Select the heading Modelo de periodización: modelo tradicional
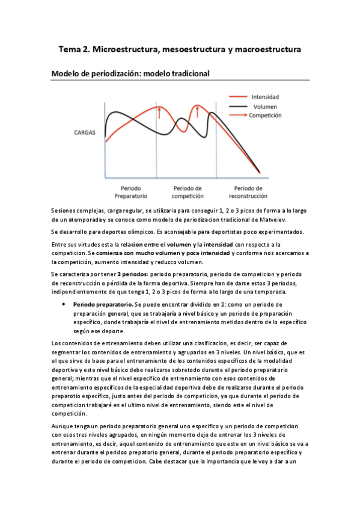point(130,74)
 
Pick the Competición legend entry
point(264,115)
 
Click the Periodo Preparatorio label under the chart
point(130,192)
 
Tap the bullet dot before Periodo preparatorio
point(64,305)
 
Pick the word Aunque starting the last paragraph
point(63,426)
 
